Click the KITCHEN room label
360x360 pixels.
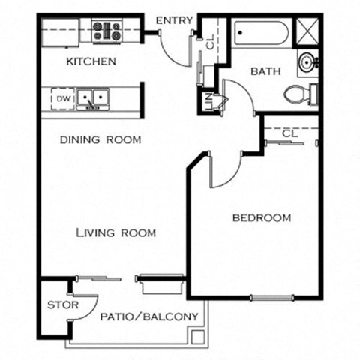pyautogui.click(x=91, y=61)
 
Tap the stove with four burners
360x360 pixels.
pyautogui.click(x=107, y=31)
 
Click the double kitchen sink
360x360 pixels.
pyautogui.click(x=93, y=98)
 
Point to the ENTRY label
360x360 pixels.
pyautogui.click(x=175, y=20)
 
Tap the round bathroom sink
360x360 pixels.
pyautogui.click(x=307, y=61)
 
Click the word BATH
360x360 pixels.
pyautogui.click(x=265, y=72)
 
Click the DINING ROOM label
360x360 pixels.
pyautogui.click(x=100, y=139)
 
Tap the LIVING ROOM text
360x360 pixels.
pyautogui.click(x=116, y=233)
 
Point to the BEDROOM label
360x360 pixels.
pyautogui.click(x=261, y=218)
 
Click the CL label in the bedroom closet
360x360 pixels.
pyautogui.click(x=291, y=133)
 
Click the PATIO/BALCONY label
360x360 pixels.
pyautogui.click(x=149, y=316)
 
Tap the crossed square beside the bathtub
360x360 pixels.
pyautogui.click(x=307, y=32)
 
